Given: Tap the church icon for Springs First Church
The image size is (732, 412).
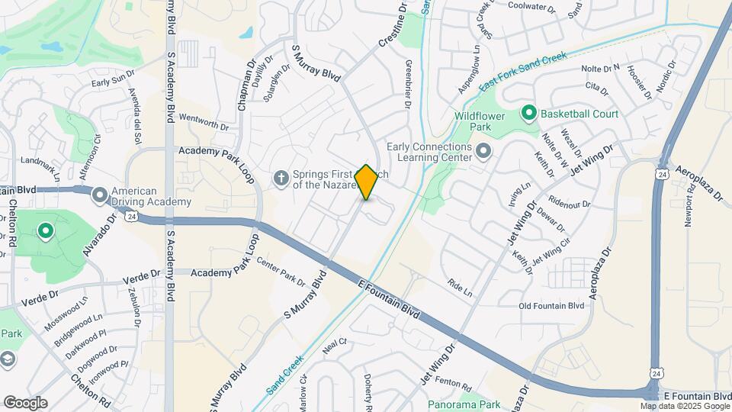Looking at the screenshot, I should tap(281, 179).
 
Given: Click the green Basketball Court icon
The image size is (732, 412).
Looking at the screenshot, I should tap(528, 114).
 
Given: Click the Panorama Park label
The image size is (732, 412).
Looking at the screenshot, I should tap(463, 404).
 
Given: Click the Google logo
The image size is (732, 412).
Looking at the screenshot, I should tap(25, 403).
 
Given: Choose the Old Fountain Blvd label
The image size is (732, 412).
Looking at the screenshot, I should tap(551, 306).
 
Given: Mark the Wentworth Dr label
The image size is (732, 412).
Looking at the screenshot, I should tap(203, 122).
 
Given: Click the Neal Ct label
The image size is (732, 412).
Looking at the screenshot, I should tap(335, 341).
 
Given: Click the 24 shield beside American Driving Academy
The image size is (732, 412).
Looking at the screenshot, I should tap(131, 217).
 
